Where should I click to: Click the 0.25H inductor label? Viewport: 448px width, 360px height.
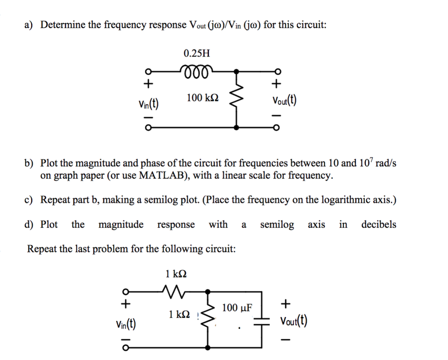[196, 54]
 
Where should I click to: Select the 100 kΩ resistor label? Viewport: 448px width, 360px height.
[200, 98]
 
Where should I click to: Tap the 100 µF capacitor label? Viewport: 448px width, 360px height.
[237, 308]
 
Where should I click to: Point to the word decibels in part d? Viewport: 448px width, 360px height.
[378, 225]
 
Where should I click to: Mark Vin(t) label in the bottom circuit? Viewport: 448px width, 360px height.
[125, 324]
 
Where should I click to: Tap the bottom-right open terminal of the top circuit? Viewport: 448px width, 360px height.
[276, 128]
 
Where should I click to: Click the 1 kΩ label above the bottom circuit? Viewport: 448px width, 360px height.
[176, 274]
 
